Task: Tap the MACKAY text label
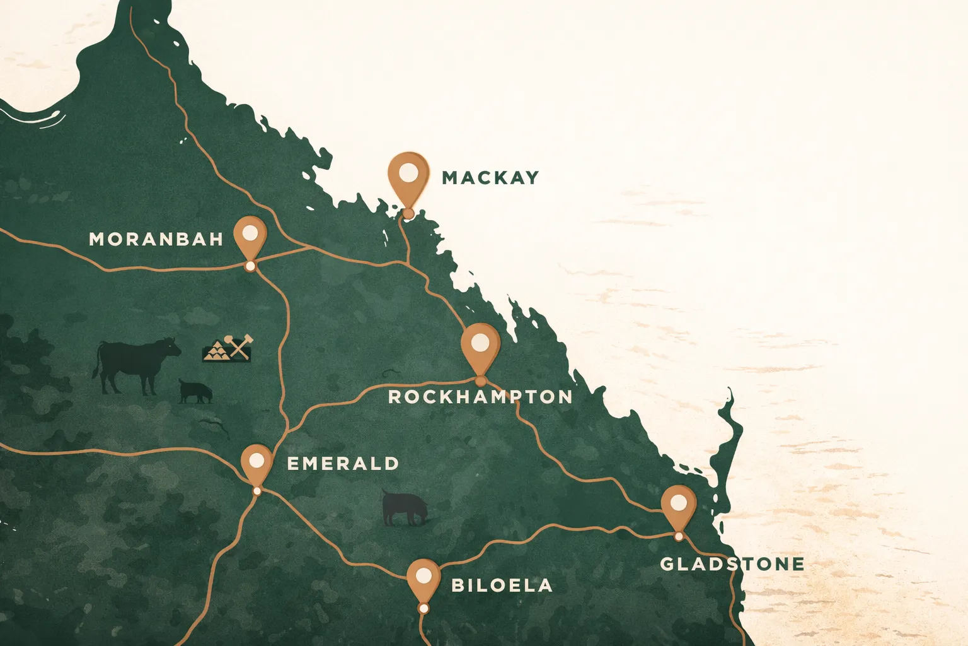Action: [490, 178]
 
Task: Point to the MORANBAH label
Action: [156, 239]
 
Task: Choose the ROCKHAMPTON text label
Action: [480, 397]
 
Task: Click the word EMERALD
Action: [343, 464]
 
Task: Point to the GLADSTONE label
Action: [732, 563]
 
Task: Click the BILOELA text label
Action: [502, 585]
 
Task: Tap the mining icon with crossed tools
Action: [228, 348]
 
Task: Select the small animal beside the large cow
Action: [195, 391]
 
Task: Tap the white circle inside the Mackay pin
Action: [408, 171]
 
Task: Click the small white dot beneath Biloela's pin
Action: [423, 608]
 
